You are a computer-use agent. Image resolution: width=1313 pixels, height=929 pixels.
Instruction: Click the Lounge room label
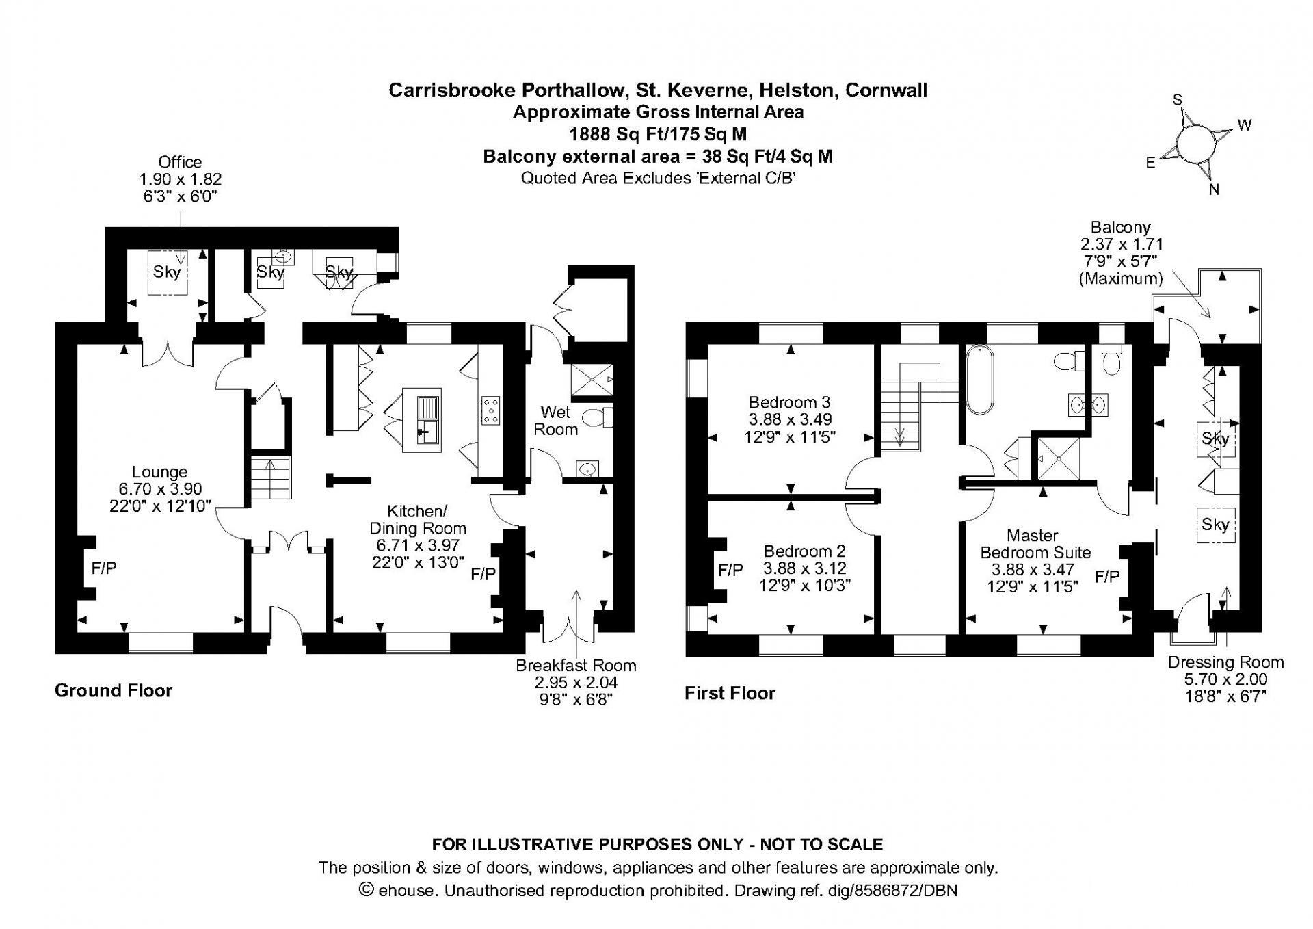[159, 472]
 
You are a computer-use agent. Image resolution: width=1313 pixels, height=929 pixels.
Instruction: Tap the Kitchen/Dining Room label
[417, 520]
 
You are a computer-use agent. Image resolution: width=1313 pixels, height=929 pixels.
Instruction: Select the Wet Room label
[555, 421]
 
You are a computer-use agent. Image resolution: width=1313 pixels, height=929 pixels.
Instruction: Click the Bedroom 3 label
[789, 402]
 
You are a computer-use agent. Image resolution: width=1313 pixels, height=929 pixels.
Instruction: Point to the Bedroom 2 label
[804, 551]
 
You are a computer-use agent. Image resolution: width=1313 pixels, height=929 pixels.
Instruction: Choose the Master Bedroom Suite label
[1035, 544]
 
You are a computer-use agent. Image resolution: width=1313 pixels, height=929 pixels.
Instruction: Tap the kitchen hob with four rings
[491, 410]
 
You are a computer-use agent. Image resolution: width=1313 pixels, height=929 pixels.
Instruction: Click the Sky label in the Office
[167, 272]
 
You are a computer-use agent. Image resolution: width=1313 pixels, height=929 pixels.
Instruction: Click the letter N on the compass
[1214, 189]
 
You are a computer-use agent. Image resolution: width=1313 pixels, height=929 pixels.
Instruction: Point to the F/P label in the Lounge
[105, 568]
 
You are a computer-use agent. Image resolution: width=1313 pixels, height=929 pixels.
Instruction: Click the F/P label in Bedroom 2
[730, 570]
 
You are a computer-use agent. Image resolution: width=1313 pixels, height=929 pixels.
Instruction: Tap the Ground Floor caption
[114, 690]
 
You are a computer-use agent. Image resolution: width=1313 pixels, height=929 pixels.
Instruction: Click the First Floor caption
[730, 693]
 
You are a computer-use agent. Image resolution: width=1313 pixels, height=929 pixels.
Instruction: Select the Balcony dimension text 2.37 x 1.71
[1122, 244]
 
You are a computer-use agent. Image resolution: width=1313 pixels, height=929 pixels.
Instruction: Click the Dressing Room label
[1225, 662]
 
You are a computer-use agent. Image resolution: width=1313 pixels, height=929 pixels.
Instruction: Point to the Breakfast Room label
[576, 665]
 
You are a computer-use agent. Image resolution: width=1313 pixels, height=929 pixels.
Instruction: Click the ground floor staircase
[271, 478]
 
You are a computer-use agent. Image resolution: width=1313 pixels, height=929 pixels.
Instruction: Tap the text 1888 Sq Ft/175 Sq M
[658, 133]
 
